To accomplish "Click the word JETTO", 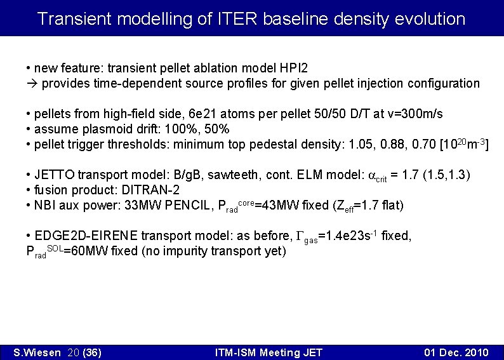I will click(x=54, y=175).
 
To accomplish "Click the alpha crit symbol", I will click(x=378, y=176).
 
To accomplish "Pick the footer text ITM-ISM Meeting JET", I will click(x=269, y=352).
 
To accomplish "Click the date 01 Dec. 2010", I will click(x=456, y=352).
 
